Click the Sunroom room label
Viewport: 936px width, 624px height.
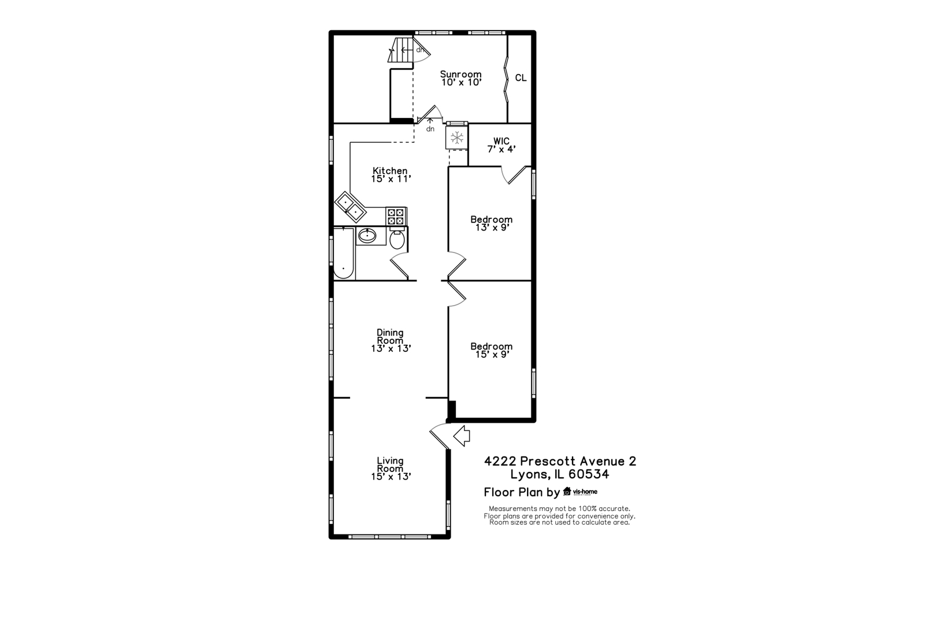click(460, 78)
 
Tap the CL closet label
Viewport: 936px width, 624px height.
click(521, 78)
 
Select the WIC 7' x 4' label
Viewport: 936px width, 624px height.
click(501, 145)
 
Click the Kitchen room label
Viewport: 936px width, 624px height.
click(391, 174)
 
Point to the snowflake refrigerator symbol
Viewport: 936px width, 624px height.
click(457, 138)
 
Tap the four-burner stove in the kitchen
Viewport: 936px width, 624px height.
click(396, 217)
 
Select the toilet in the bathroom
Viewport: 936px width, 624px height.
click(397, 239)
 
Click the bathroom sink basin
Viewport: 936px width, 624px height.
click(366, 235)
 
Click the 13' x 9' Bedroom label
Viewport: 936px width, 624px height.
click(491, 223)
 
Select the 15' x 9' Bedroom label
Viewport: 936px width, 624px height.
click(491, 350)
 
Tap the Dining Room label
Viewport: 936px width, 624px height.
click(391, 340)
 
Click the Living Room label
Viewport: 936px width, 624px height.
click(391, 469)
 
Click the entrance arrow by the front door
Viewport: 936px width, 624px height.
click(462, 436)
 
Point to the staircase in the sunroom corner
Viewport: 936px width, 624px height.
click(402, 51)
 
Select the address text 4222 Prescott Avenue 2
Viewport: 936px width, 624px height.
click(560, 461)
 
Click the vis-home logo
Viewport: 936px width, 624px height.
click(580, 492)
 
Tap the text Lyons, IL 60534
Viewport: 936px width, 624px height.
click(559, 475)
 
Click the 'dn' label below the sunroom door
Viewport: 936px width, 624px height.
click(430, 129)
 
